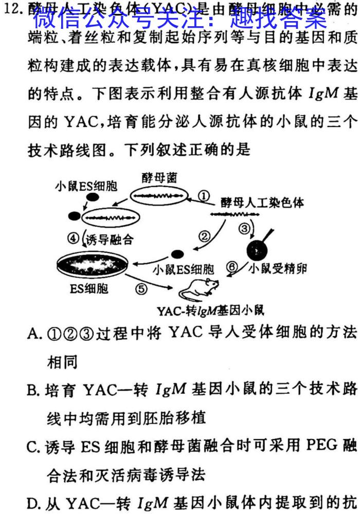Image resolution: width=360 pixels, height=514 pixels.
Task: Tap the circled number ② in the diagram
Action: (205, 236)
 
